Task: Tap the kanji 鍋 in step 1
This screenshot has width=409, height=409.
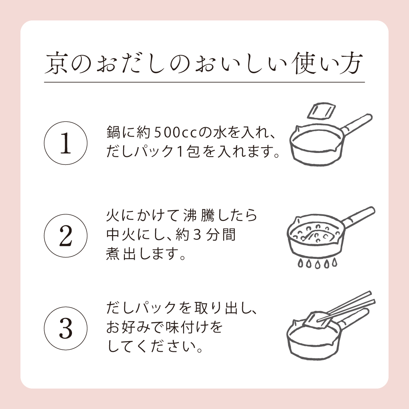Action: (x=112, y=133)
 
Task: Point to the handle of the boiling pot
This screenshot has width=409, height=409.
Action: (x=358, y=216)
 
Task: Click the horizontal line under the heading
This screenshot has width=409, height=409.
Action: (x=204, y=82)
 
